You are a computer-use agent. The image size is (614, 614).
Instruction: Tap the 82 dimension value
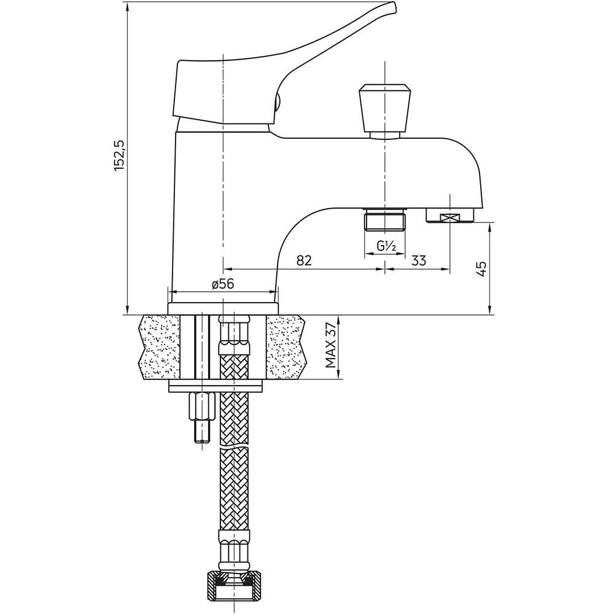click(304, 260)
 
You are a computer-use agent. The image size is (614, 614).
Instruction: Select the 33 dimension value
click(419, 260)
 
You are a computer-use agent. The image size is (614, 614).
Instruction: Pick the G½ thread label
click(387, 246)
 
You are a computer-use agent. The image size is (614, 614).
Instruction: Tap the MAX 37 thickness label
click(332, 346)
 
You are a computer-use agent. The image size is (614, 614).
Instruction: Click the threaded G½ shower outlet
click(385, 220)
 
